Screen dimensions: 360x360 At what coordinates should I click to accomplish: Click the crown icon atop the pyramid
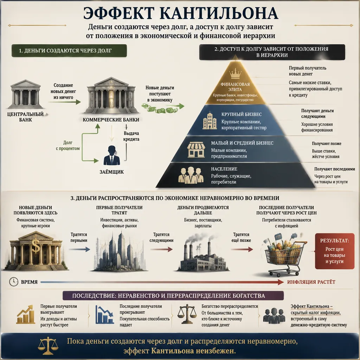235,74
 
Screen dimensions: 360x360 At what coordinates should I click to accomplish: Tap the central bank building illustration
25,94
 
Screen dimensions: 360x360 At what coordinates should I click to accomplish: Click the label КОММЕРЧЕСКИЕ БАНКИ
111,120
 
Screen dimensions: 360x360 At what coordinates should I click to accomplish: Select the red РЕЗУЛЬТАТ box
334,251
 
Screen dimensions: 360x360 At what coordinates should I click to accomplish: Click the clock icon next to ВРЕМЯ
14,282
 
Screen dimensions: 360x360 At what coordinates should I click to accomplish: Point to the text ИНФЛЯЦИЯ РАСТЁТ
311,282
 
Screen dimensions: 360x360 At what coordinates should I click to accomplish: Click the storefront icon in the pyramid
196,149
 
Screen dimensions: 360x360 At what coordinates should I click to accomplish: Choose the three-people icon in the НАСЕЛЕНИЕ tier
191,175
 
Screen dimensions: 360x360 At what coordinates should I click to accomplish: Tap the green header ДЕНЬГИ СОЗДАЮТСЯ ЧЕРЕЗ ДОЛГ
69,51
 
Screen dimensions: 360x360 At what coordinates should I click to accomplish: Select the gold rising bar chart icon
25,315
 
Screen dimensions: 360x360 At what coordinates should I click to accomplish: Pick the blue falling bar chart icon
104,315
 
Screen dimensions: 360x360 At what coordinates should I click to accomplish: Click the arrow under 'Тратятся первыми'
79,249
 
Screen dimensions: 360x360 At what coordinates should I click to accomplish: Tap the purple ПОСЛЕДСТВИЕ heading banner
173,295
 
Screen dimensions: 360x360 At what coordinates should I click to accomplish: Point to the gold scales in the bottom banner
48,346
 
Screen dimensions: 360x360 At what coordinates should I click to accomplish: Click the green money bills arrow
163,108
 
